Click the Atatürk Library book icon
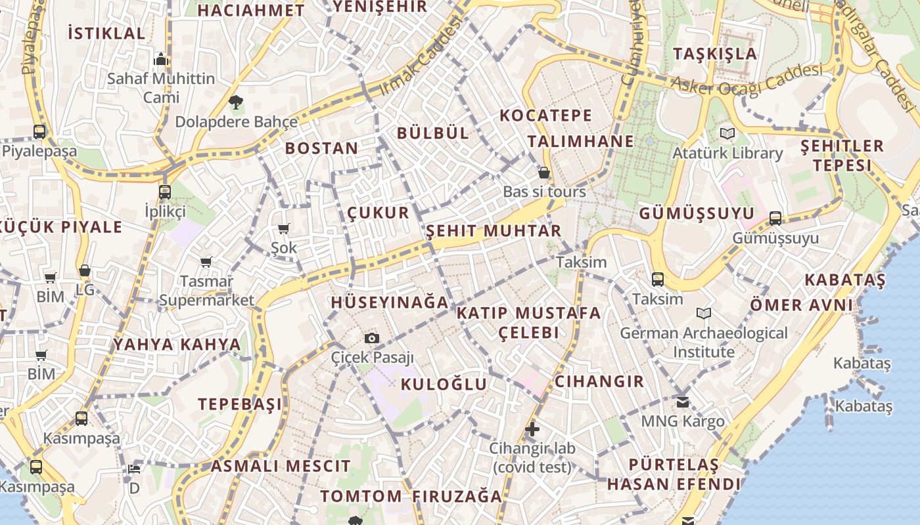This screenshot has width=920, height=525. pos(727,134)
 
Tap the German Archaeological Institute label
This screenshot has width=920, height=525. pos(704,342)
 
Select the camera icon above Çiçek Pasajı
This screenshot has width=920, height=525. pos(372,338)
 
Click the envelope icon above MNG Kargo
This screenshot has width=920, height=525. pos(683,402)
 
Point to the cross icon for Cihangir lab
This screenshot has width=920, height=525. pos(532,430)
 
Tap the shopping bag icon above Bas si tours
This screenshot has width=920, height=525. pos(544,173)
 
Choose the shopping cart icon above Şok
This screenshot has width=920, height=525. pos(284,229)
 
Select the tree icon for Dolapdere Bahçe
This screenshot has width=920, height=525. pos(236,102)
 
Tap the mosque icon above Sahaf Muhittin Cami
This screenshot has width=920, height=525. pos(161,60)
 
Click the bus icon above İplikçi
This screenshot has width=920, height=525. pos(165,192)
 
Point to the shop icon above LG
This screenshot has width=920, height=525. pos(85,270)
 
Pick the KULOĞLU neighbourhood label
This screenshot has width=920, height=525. pos(444,384)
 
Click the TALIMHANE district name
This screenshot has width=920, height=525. pos(581,141)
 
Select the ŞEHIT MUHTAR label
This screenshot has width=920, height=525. pos(494,231)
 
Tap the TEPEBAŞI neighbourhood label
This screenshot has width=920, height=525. pos(240,404)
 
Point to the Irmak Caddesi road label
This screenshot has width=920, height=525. pos(421,57)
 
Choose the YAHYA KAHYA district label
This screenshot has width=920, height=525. pos(177,345)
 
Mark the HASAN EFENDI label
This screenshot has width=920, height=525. pos(674,484)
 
